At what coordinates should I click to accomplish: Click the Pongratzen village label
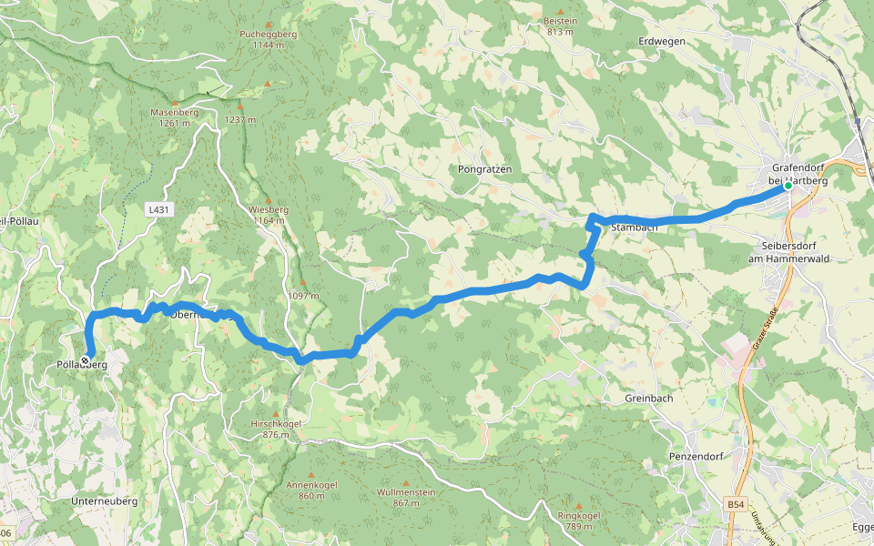pyautogui.click(x=485, y=170)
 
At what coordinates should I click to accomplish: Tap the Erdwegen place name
pyautogui.click(x=662, y=42)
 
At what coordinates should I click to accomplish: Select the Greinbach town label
pyautogui.click(x=650, y=399)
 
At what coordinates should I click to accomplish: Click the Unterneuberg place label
pyautogui.click(x=104, y=501)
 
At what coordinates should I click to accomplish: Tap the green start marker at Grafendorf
pyautogui.click(x=788, y=186)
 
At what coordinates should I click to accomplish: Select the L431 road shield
pyautogui.click(x=158, y=209)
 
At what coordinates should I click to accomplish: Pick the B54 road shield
pyautogui.click(x=736, y=503)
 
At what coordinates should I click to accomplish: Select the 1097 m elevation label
pyautogui.click(x=303, y=296)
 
